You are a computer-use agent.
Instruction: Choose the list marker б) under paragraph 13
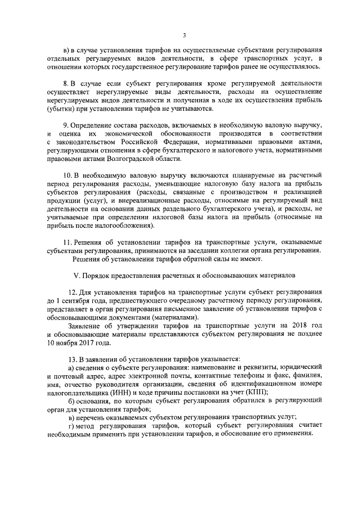[70, 400]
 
